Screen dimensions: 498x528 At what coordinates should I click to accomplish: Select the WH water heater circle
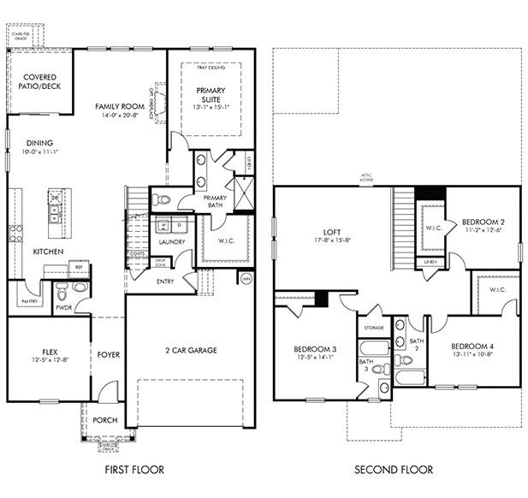coord(246,278)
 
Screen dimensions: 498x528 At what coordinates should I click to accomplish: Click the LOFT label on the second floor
coord(332,232)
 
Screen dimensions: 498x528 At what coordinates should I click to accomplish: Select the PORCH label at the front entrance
coord(104,420)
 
